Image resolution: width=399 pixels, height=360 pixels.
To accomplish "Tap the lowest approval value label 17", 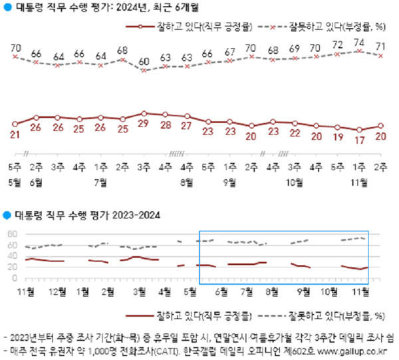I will click(360, 140).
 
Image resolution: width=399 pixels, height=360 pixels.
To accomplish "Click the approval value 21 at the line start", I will click(15, 136).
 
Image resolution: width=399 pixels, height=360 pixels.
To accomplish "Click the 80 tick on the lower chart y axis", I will click(12, 234).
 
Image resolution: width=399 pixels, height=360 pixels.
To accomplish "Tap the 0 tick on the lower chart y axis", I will click(15, 278).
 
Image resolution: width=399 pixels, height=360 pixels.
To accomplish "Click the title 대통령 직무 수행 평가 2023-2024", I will click(86, 215).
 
